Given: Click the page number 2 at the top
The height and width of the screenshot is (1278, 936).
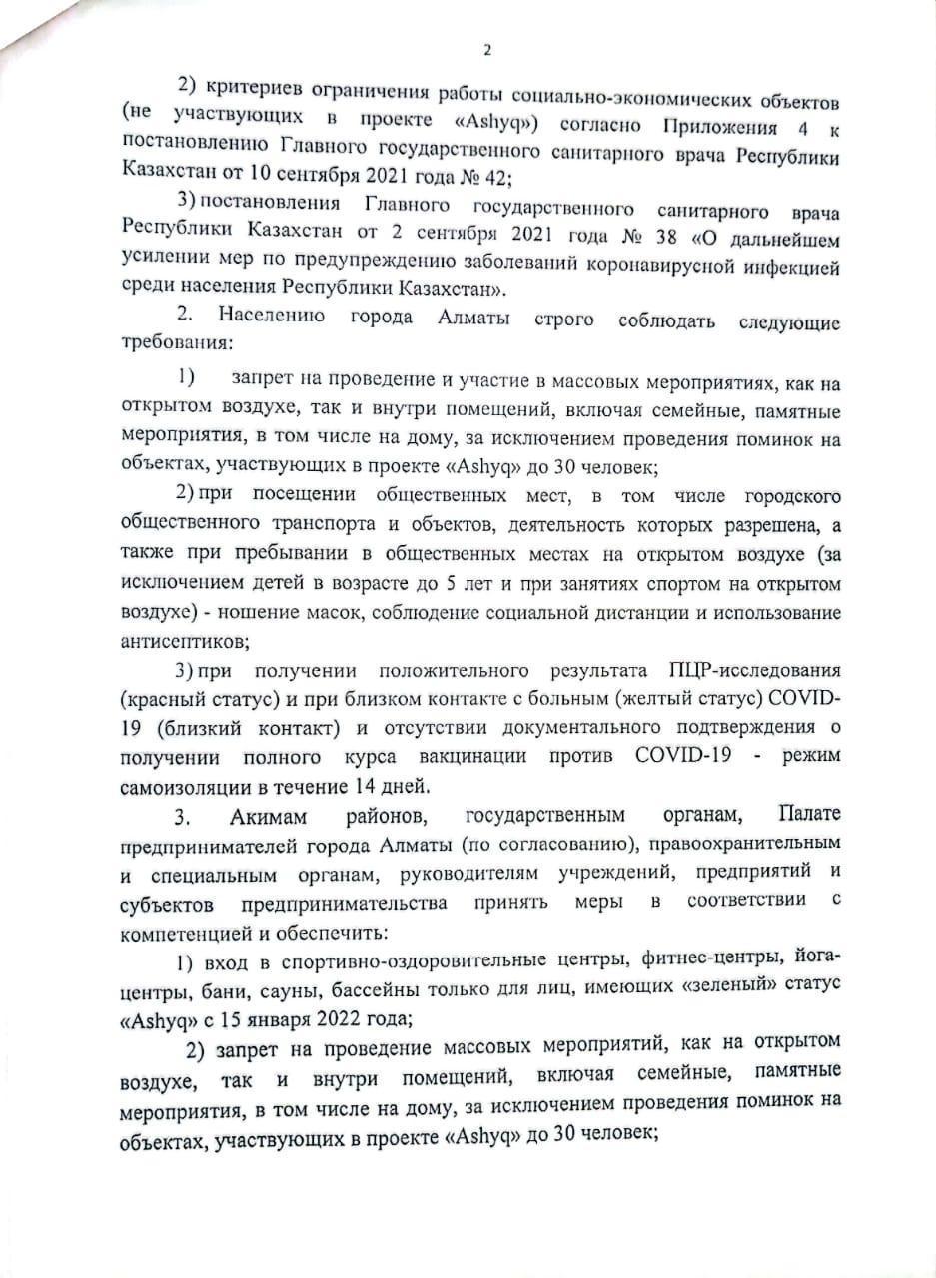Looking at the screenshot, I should pos(487,51).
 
